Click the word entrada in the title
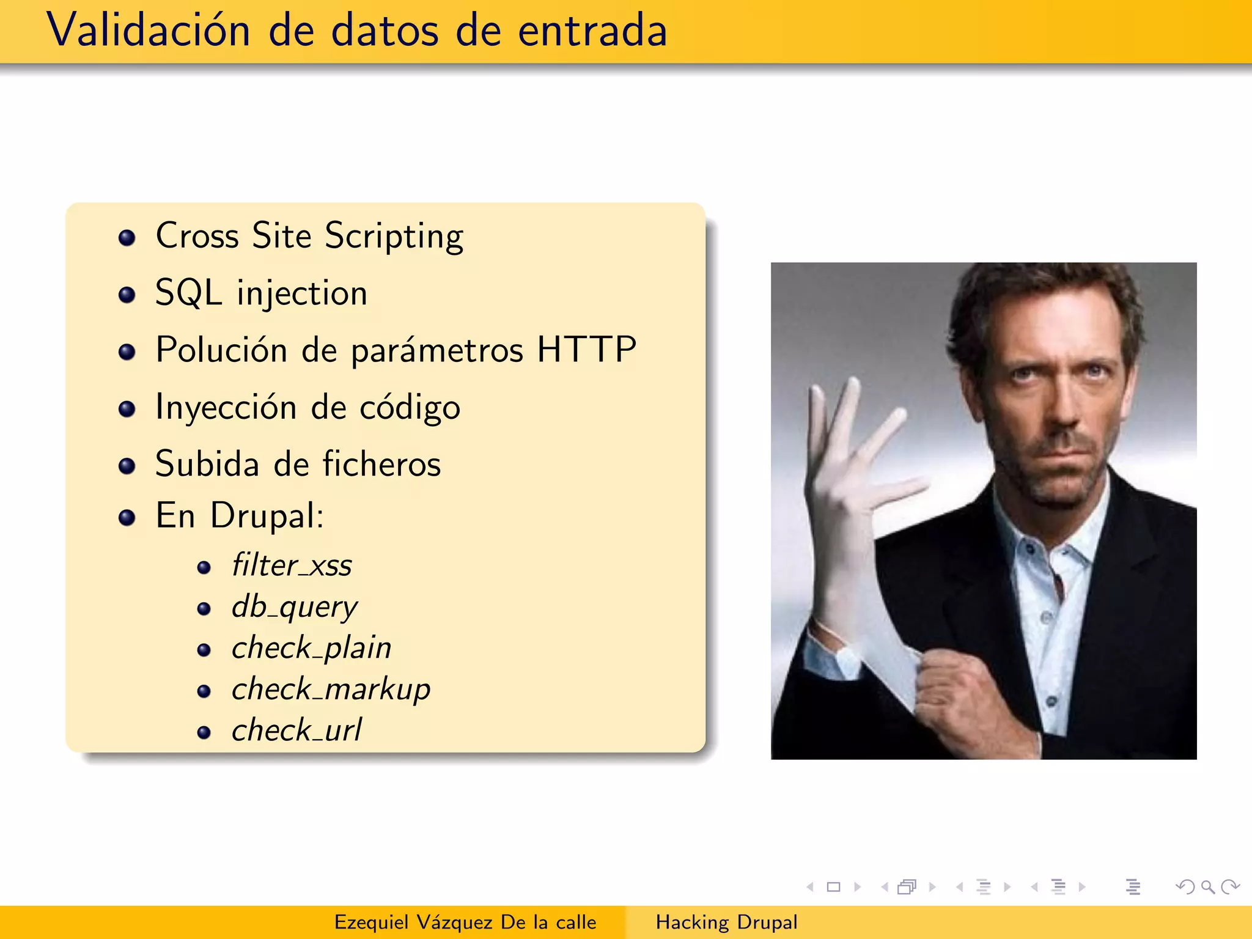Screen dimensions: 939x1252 coord(592,31)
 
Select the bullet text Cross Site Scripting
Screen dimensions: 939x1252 coord(309,236)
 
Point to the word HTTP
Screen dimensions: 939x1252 coord(586,350)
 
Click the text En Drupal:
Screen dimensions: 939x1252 coord(239,515)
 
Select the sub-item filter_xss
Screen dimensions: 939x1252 coord(292,565)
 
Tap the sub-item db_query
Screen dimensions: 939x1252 coord(294,607)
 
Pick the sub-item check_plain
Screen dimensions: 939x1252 coord(311,648)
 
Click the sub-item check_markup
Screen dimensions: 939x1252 coord(331,690)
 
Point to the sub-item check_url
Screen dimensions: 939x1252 coord(296,731)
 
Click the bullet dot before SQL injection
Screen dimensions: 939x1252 coord(127,295)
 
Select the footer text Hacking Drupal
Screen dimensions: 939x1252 coord(726,922)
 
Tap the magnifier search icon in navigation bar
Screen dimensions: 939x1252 coord(1207,886)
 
